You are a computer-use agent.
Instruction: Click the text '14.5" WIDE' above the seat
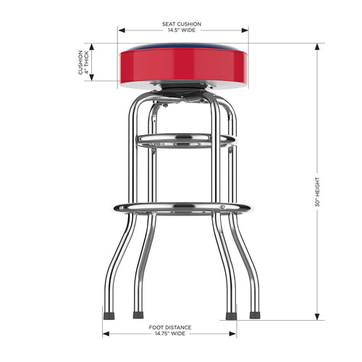pyautogui.click(x=182, y=30)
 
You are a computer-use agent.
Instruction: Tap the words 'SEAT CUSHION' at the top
pyautogui.click(x=182, y=24)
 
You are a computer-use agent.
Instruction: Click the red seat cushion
pyautogui.click(x=183, y=65)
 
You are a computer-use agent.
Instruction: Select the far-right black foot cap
pyautogui.click(x=255, y=316)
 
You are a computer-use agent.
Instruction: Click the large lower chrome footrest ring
pyautogui.click(x=182, y=208)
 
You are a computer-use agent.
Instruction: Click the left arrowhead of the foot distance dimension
pyautogui.click(x=106, y=334)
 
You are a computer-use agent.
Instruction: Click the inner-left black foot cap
pyautogui.click(x=138, y=316)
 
